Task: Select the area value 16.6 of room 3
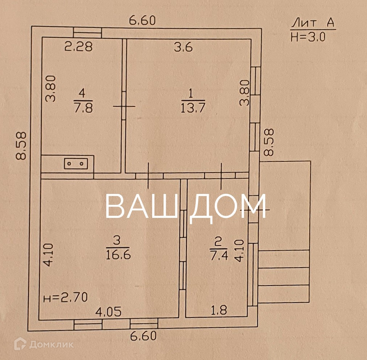click(x=117, y=254)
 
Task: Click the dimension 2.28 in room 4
click(x=78, y=47)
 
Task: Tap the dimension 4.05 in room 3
click(x=108, y=311)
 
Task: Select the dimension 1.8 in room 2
click(x=218, y=310)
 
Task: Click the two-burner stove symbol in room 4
click(x=76, y=164)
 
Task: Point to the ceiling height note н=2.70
click(x=65, y=298)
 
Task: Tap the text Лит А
click(x=313, y=24)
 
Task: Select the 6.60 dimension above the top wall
click(x=143, y=21)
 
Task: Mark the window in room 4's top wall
click(x=87, y=33)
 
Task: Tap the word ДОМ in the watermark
click(x=228, y=206)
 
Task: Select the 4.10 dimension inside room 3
click(x=49, y=255)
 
